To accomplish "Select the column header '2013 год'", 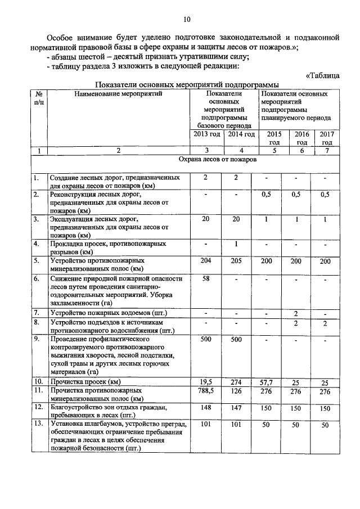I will pos(206,134).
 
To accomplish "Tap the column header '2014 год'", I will pos(240,134).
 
